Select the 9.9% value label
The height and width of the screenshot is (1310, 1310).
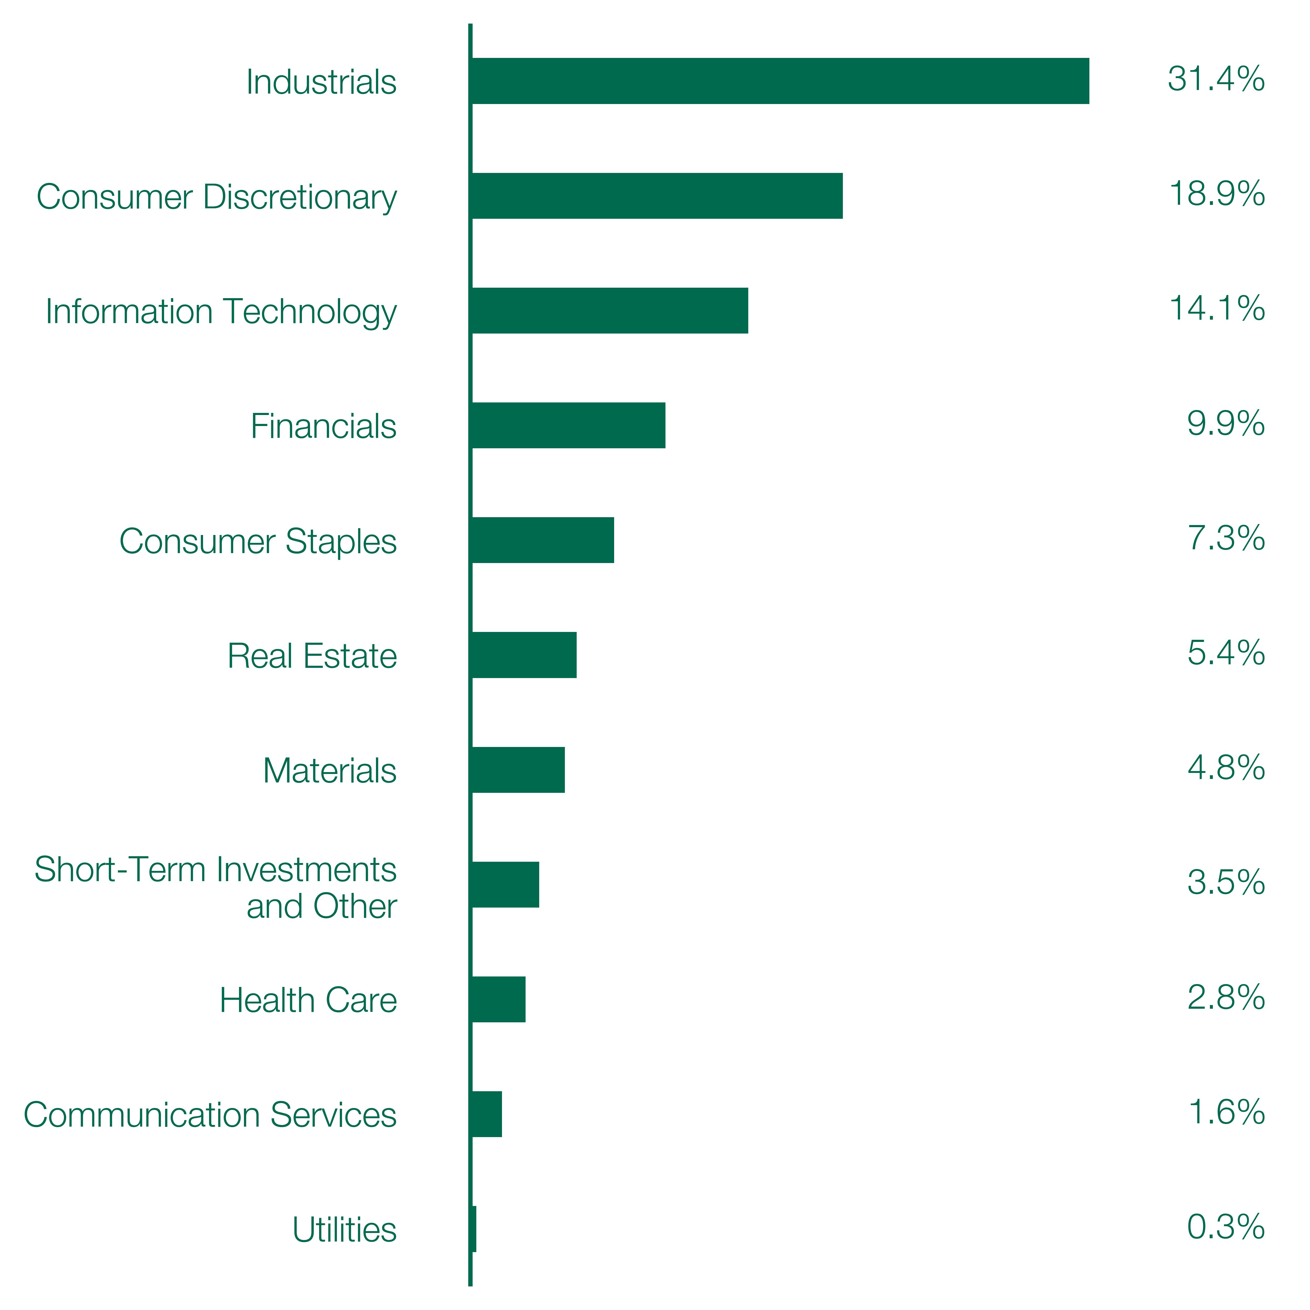click(x=1226, y=424)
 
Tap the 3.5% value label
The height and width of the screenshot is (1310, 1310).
click(x=1226, y=883)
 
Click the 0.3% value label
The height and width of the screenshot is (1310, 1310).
click(x=1226, y=1227)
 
